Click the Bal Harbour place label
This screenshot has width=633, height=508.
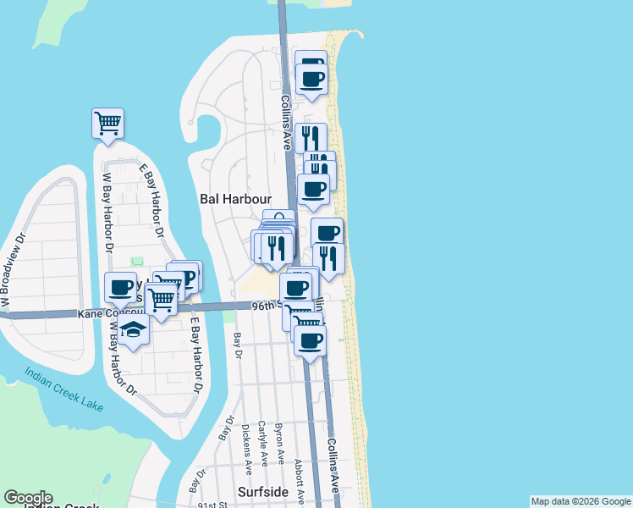(x=234, y=199)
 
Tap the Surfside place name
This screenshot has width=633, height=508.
(x=263, y=491)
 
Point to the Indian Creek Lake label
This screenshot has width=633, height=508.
(x=63, y=389)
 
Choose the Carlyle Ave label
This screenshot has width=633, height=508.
(x=262, y=442)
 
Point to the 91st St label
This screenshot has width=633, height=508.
(x=212, y=504)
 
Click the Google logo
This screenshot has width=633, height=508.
(x=28, y=499)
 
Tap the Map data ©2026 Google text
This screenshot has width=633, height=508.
(x=581, y=501)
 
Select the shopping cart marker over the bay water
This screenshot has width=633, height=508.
(x=107, y=123)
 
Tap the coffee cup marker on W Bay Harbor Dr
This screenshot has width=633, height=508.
(x=120, y=288)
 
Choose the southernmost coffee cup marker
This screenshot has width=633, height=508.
(x=311, y=340)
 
